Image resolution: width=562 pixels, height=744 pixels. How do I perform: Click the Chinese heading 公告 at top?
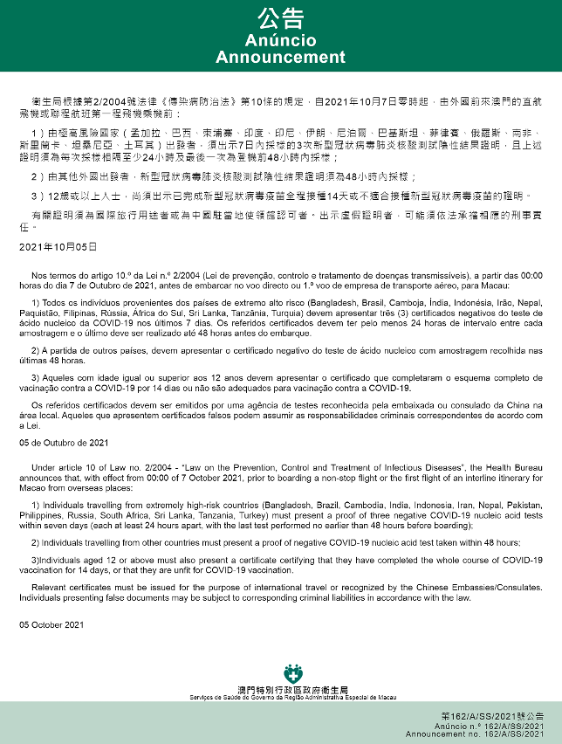pos(280,19)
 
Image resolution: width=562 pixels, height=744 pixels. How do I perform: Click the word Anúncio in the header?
pos(280,41)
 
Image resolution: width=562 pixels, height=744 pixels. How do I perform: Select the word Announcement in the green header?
pos(280,58)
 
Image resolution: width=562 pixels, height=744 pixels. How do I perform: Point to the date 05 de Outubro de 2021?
pos(63,443)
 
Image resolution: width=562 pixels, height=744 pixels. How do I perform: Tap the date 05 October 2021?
pos(52,624)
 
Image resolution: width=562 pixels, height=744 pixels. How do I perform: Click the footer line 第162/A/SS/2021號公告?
pos(494,715)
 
